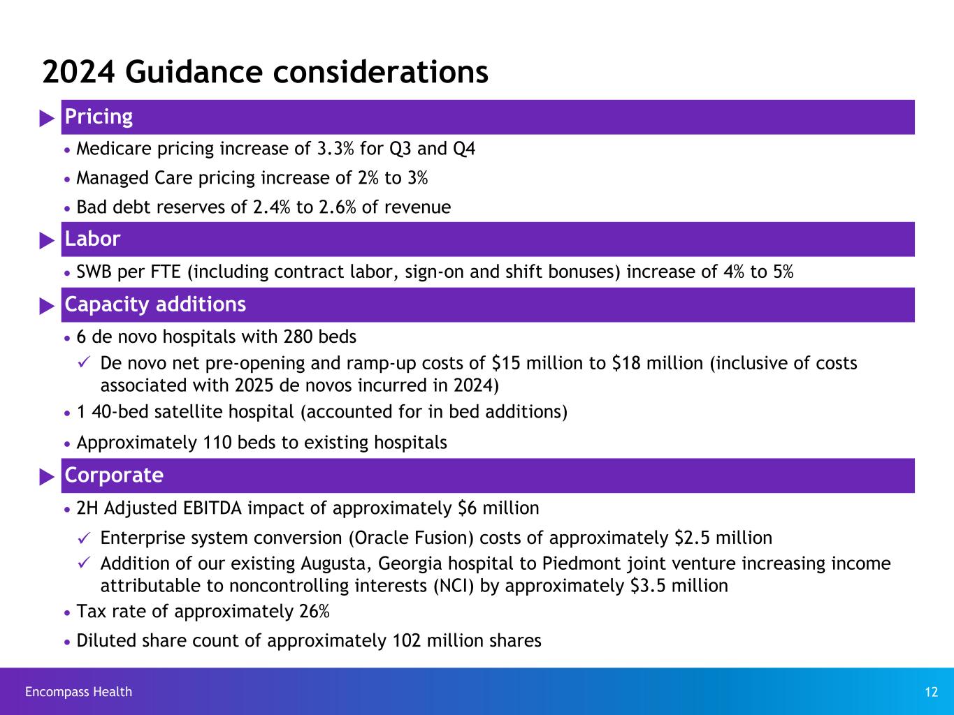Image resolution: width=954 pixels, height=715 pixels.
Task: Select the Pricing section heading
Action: point(99,117)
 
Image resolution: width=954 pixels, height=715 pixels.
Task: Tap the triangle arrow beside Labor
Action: point(47,240)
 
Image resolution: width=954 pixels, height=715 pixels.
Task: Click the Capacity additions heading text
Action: point(155,304)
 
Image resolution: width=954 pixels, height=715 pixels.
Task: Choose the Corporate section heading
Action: point(114,476)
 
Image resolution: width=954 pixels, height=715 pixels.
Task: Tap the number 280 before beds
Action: point(299,337)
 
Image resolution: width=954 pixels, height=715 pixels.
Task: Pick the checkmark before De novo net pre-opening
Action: point(82,363)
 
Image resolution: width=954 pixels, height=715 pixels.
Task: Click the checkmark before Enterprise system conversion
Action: point(82,538)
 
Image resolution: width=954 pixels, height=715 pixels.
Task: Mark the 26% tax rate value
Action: point(315,612)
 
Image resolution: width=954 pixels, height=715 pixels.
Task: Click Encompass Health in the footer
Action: point(78,692)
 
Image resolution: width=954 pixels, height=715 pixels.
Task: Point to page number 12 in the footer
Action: point(931,692)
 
